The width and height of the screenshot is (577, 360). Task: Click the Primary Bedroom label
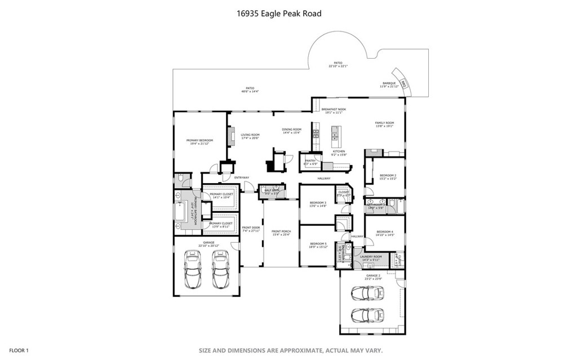point(199,141)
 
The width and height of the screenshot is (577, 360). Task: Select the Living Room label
point(250,136)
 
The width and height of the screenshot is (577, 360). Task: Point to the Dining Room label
point(291,131)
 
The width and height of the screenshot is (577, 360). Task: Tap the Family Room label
point(385,125)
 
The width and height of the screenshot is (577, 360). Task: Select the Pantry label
point(310,162)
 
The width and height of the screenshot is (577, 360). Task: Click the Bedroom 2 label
point(388,177)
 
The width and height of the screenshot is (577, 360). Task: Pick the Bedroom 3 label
point(318,204)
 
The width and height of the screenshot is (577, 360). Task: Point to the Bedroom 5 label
point(318,245)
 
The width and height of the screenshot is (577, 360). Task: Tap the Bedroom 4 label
point(385,233)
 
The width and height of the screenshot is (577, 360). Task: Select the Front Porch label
point(280,233)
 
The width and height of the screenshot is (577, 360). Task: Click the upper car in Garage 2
point(367,293)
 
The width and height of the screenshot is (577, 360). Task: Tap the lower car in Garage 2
point(367,313)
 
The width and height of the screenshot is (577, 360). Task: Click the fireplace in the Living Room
point(230,136)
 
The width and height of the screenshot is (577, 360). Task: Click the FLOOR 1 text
point(19,350)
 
